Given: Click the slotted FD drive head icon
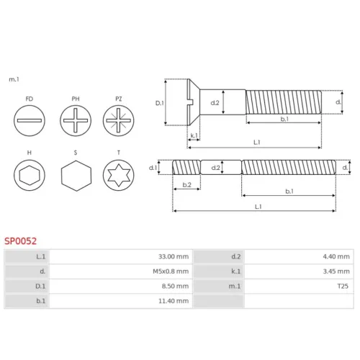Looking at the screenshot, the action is pyautogui.click(x=30, y=120).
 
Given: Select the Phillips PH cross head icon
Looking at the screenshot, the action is pyautogui.click(x=76, y=120).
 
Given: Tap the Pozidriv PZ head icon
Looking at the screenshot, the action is pyautogui.click(x=119, y=120).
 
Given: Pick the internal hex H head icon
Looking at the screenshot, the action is pyautogui.click(x=30, y=175).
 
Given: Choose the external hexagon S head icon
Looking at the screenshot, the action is pyautogui.click(x=76, y=176).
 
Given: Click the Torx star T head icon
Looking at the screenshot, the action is pyautogui.click(x=119, y=175).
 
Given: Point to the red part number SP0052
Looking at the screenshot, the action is pyautogui.click(x=21, y=241).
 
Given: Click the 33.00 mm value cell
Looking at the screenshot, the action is pyautogui.click(x=174, y=256).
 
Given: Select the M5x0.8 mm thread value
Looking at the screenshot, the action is pyautogui.click(x=171, y=271).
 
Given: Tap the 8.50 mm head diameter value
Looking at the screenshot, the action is pyautogui.click(x=175, y=286).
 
